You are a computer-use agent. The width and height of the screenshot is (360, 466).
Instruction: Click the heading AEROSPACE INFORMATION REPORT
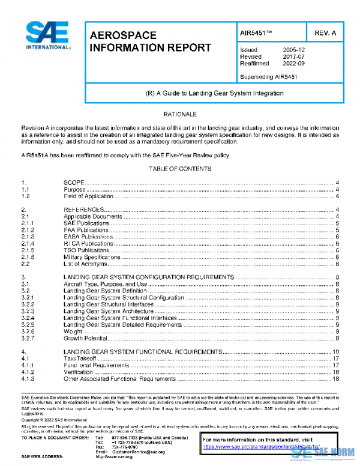tap(150, 41)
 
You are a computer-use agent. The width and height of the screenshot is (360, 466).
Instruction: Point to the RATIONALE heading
tap(180, 113)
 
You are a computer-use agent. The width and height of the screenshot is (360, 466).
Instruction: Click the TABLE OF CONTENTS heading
tap(180, 169)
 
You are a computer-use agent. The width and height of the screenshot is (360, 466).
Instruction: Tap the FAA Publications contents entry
tap(88, 229)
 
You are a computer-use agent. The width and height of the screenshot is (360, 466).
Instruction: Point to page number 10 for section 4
tap(337, 351)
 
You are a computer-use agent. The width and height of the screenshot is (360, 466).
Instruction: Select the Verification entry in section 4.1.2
tap(78, 372)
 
